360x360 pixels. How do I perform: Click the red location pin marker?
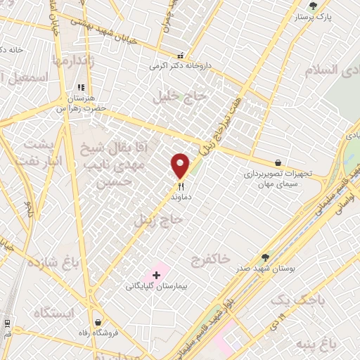click(181, 165)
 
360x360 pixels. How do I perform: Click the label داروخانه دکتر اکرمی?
click(178, 66)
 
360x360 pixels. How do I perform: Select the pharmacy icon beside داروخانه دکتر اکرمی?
click(181, 56)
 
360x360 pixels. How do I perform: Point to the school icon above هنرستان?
click(81, 88)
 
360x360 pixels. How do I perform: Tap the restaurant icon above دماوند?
click(181, 187)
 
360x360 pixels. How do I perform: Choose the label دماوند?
click(181, 198)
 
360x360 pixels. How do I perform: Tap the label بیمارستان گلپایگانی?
click(155, 286)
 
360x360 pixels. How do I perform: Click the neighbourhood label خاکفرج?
click(210, 259)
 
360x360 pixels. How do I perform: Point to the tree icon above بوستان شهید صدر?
click(265, 258)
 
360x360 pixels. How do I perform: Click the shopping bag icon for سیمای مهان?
click(279, 162)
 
